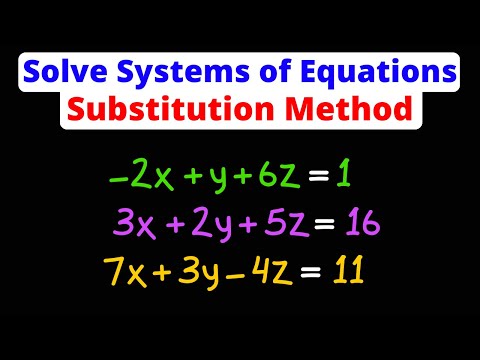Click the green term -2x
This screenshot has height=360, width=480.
[131, 177]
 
